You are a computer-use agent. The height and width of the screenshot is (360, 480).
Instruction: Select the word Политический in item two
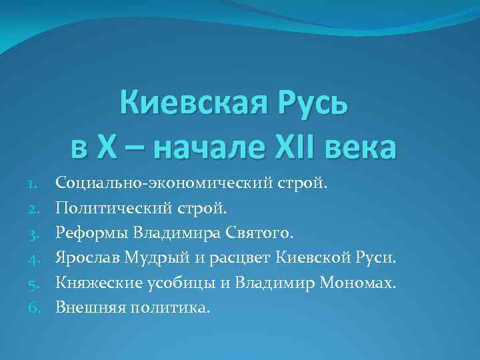tap(113, 209)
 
